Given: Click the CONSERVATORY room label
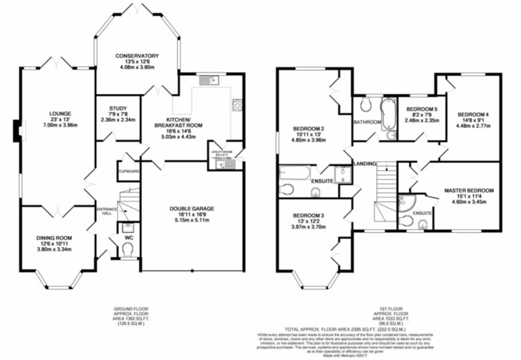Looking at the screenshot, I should [x=138, y=56].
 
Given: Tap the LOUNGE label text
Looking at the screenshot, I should [x=61, y=113].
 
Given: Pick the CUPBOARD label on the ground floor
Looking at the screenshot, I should [x=129, y=171].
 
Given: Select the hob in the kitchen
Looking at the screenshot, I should [x=237, y=105].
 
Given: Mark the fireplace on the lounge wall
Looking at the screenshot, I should [x=17, y=132].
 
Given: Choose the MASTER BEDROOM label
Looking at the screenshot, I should [x=469, y=191].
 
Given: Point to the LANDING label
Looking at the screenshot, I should [x=365, y=163].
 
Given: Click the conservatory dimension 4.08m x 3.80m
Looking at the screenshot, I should [x=138, y=67].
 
